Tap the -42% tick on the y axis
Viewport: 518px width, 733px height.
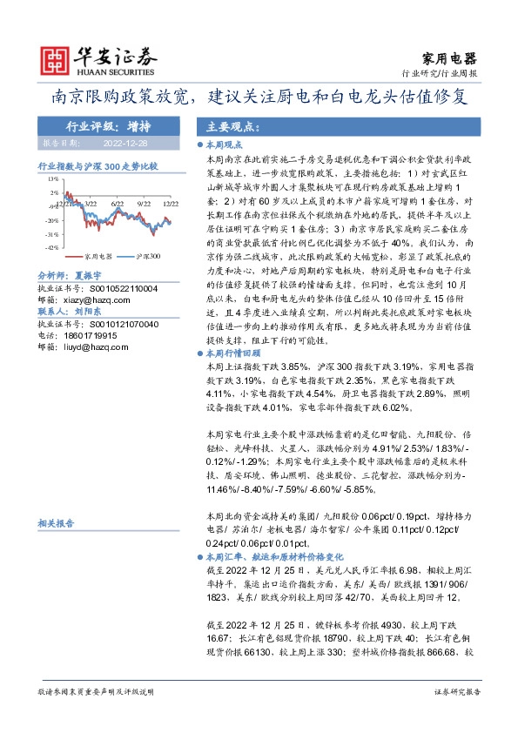tap(52, 247)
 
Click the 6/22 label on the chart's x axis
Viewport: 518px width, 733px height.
tap(119, 201)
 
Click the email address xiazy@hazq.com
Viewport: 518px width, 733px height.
tap(97, 299)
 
